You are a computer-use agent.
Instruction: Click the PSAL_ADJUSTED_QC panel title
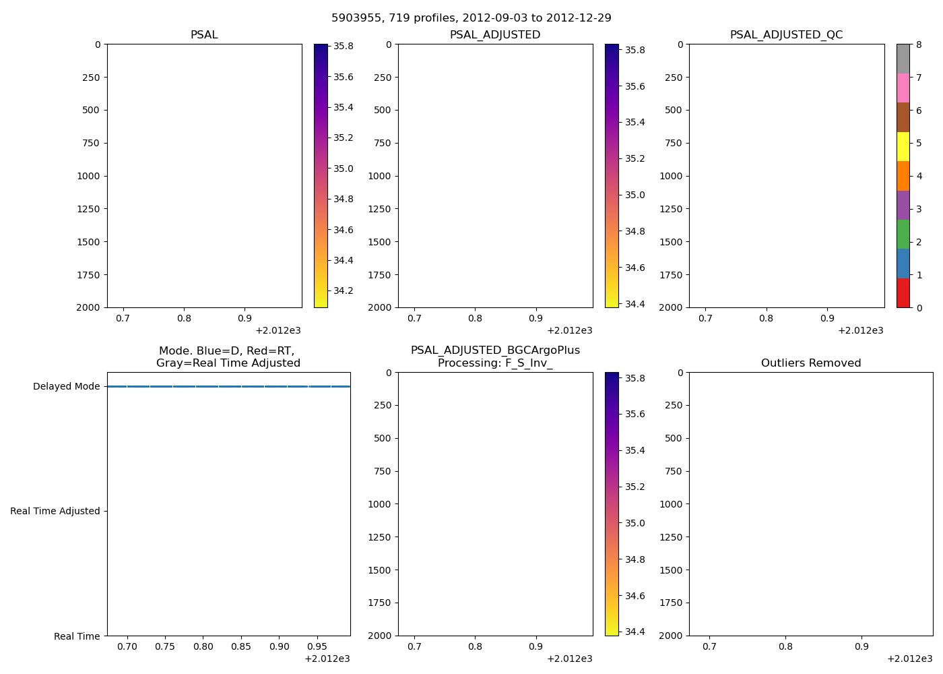point(786,35)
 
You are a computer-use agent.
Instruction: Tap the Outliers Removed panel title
point(811,363)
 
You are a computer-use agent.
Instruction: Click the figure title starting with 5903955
point(471,18)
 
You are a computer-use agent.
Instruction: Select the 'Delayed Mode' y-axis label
point(66,387)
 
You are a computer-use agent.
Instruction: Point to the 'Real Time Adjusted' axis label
point(55,512)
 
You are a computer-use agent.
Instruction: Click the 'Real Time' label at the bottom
point(77,637)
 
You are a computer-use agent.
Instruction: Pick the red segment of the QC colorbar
point(903,293)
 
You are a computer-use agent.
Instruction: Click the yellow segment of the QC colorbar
point(903,147)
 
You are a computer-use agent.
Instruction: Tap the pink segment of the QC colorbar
point(903,88)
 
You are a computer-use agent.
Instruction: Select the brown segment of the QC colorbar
point(903,117)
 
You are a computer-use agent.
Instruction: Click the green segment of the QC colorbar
point(903,235)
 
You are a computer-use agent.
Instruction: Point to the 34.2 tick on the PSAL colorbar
point(344,291)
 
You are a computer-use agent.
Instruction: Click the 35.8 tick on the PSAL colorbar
point(344,47)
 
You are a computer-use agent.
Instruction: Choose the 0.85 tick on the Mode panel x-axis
point(241,647)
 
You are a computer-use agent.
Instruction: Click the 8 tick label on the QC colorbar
point(919,45)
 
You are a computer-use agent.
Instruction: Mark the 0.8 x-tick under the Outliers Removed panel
point(785,647)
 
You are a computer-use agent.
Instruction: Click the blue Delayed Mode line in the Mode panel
point(229,387)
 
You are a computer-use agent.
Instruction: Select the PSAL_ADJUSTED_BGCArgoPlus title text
point(495,350)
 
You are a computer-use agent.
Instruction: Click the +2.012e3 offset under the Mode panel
point(327,659)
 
